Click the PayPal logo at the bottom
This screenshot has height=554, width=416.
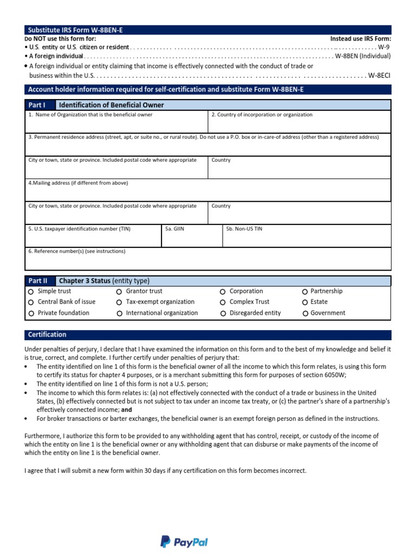pos(184,542)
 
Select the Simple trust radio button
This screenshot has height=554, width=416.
pos(31,292)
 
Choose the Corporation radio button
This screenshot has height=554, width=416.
pos(223,292)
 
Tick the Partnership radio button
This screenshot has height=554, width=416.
pos(305,292)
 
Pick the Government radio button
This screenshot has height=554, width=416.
pos(305,313)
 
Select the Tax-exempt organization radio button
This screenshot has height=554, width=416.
pos(119,302)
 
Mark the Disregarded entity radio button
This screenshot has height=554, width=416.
pos(223,313)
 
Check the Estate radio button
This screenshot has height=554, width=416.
pos(305,302)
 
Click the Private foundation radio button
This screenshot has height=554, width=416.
pos(31,313)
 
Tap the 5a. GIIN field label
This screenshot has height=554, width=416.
pos(175,229)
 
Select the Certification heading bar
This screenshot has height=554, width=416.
pos(208,335)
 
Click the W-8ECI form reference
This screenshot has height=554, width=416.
pos(379,76)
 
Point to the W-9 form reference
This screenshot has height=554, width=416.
pos(384,47)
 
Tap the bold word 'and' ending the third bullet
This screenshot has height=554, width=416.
pos(126,410)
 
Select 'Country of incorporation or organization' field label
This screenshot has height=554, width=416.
pos(262,115)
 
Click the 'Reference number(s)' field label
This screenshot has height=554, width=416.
pos(76,251)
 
